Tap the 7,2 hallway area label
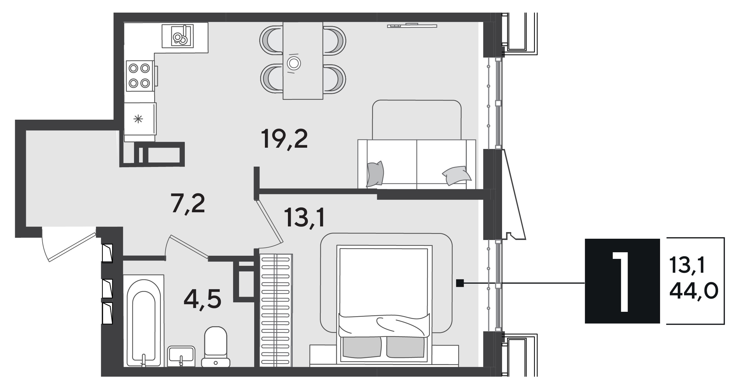coord(188,203)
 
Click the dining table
coord(303,60)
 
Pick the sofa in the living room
coord(417,145)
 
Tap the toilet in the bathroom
coord(216,346)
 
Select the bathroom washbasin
coord(181,356)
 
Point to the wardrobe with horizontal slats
coord(276,310)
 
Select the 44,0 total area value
coord(693,291)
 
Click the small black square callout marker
coord(460,283)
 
